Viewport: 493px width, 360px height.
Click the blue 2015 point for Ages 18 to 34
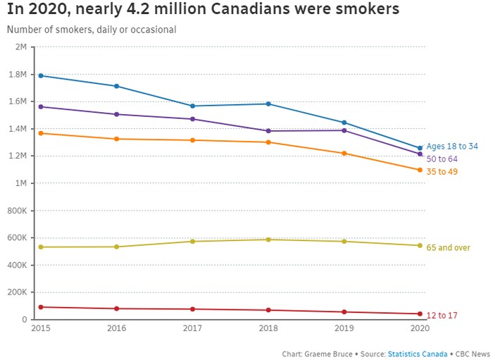41,75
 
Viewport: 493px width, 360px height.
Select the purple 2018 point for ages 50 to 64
268,131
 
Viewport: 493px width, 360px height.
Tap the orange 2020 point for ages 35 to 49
420,170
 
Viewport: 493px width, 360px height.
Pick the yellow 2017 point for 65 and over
192,242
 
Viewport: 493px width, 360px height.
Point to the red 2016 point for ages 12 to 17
117,309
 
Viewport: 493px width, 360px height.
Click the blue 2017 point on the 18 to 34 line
192,106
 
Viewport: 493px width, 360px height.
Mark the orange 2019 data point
344,154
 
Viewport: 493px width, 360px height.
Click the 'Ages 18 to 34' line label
452,147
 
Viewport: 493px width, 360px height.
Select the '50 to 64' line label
442,159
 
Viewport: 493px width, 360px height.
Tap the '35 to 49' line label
442,172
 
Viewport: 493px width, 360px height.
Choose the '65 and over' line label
448,248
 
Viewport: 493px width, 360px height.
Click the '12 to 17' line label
442,316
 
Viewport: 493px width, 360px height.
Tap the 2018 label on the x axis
268,329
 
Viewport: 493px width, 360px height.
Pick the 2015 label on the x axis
41,329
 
